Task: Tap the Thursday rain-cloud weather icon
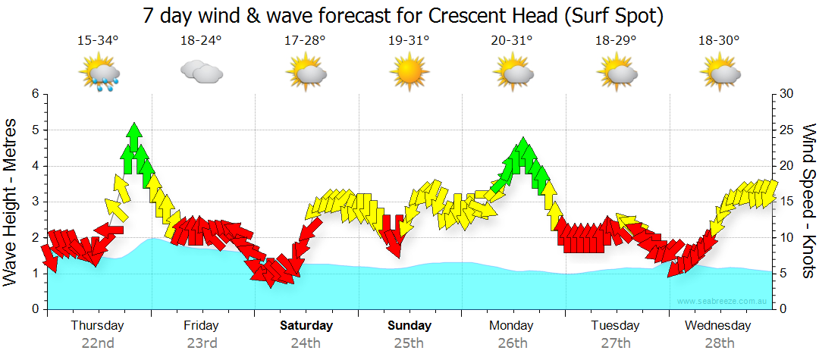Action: click(98, 75)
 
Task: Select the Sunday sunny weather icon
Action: click(409, 74)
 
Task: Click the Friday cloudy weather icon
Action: click(201, 73)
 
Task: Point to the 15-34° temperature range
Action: click(98, 40)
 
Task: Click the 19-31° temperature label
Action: click(409, 40)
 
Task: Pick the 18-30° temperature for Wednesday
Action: click(719, 40)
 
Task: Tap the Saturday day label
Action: click(306, 326)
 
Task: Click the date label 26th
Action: click(513, 343)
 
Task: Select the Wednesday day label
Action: click(717, 326)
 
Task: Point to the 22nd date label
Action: click(98, 343)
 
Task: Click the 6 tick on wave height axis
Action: click(34, 94)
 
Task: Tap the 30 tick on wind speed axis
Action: click(786, 94)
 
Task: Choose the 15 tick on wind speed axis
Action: click(786, 202)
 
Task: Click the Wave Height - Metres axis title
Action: click(11, 202)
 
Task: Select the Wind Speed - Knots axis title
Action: click(808, 202)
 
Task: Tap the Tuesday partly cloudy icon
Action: click(616, 74)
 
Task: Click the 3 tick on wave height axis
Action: click(34, 202)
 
